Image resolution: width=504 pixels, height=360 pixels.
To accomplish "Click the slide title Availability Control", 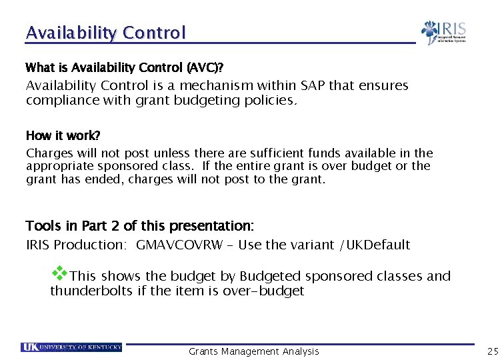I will coord(105,33).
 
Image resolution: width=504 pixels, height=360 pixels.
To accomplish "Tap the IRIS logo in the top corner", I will coord(443,32).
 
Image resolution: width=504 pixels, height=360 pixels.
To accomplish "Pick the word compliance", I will coord(60,101).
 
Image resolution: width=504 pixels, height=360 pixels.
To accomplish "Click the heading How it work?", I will coord(63,136).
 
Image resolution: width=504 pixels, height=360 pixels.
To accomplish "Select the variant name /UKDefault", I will coord(375,245).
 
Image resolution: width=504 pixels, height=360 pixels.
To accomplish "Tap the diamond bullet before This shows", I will coord(60,273).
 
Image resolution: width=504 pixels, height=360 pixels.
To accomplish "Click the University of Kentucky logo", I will coord(71,347).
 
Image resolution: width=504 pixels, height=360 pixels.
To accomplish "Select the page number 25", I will coord(493,351).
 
